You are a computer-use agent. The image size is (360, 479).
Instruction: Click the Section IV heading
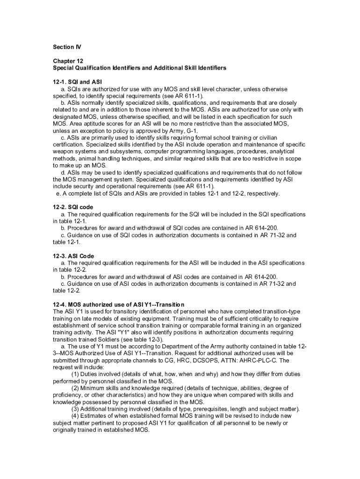click(x=63, y=47)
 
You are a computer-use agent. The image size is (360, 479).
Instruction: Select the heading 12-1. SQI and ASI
click(x=77, y=81)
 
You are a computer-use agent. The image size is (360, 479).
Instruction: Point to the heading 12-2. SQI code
click(x=73, y=207)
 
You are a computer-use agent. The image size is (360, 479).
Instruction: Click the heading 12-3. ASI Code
click(x=73, y=256)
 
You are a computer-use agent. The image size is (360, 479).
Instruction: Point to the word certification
click(x=70, y=145)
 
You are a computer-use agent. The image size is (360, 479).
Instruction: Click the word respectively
click(x=263, y=193)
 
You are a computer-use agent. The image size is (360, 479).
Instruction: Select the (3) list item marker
click(x=75, y=409)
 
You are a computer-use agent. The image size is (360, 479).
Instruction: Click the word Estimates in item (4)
click(x=95, y=416)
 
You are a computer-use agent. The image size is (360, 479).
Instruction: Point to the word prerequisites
click(x=206, y=409)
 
